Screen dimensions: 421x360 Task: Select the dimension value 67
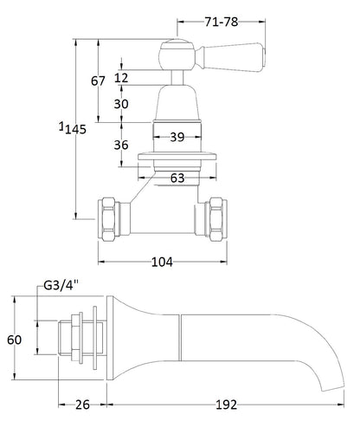(98, 81)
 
